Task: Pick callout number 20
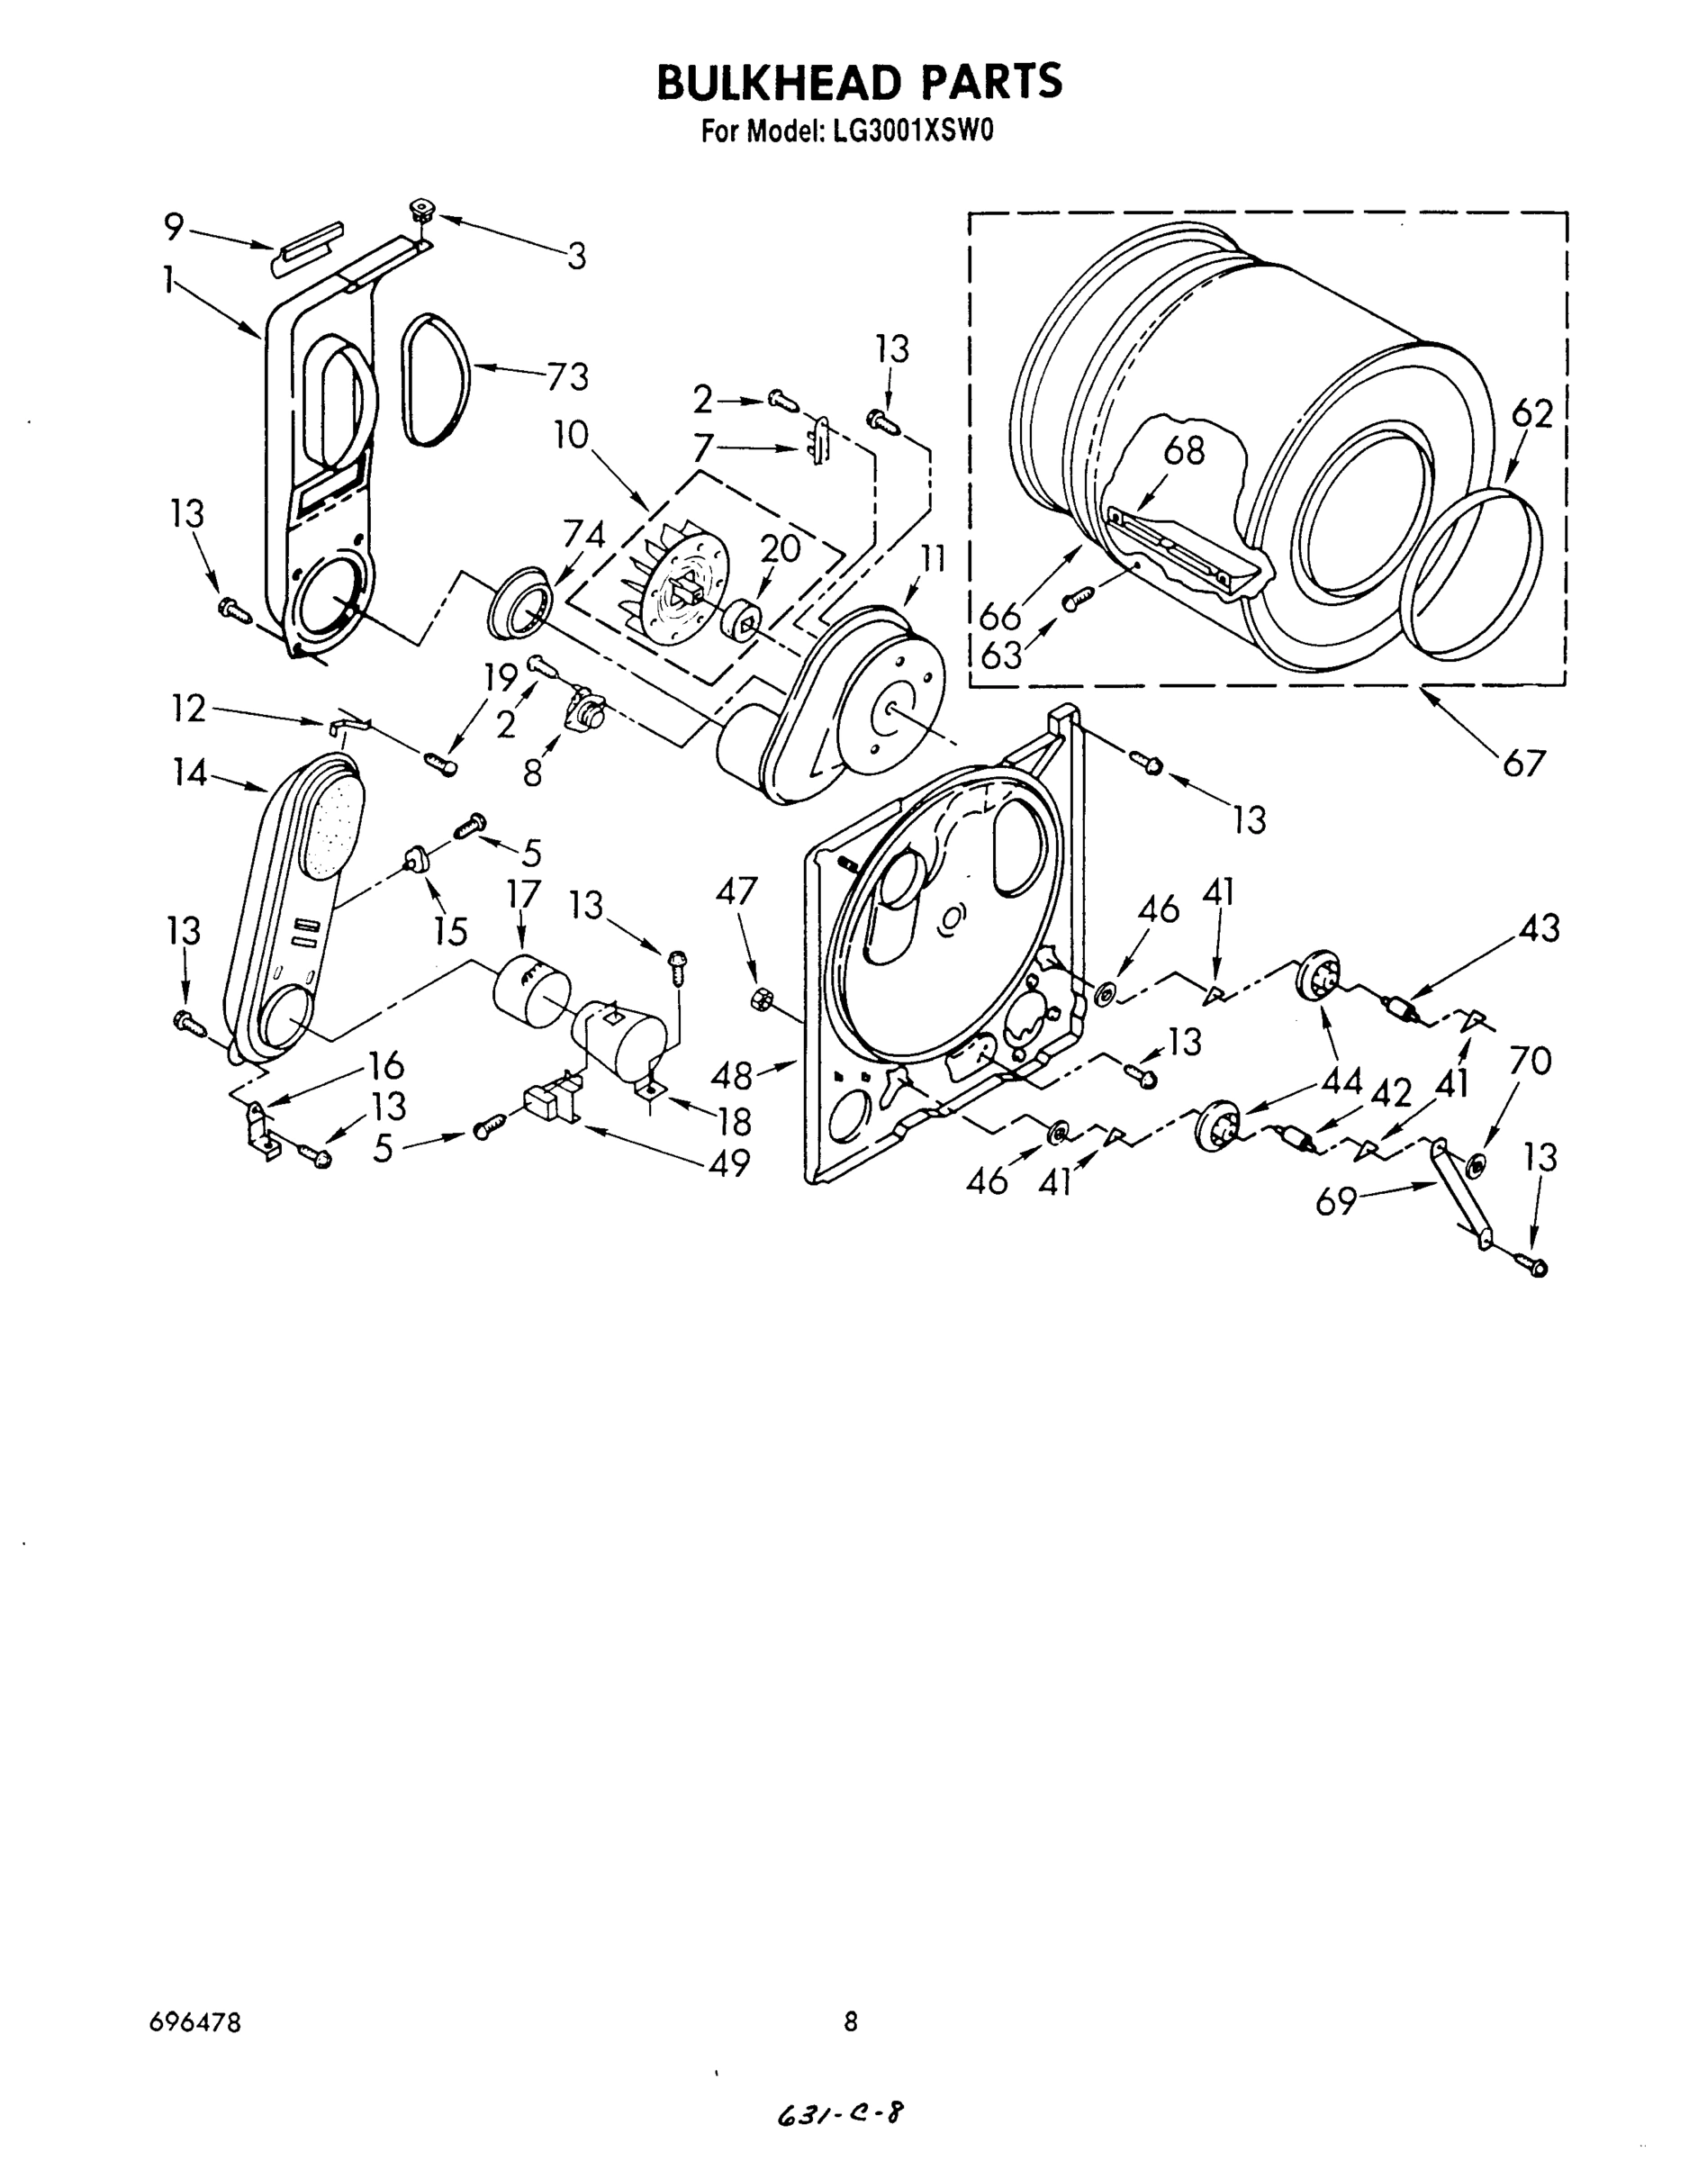781,547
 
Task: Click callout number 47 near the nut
736,891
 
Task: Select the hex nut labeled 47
761,999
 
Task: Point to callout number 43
1538,928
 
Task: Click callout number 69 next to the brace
1337,1202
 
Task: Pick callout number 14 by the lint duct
189,773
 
